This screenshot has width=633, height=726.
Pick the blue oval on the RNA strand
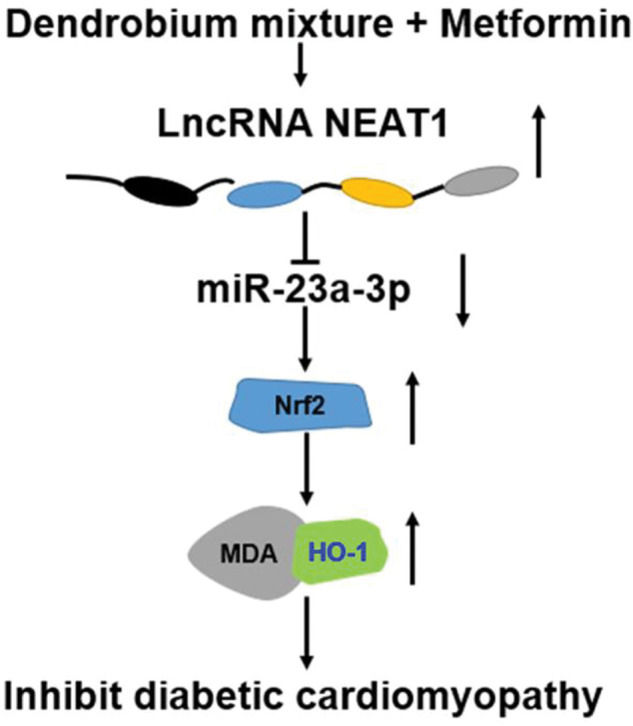[265, 194]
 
